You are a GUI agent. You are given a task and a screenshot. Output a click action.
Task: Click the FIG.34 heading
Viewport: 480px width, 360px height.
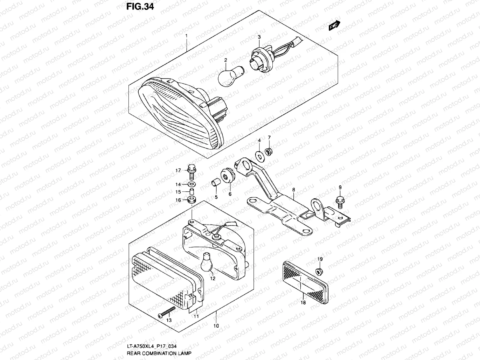pos(140,6)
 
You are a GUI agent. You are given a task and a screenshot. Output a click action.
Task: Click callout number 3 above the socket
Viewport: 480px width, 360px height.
pos(259,37)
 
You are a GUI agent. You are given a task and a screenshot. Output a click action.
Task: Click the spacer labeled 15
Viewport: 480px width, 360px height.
pos(191,192)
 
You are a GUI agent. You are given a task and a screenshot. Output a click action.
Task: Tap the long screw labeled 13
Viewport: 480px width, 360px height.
pos(167,312)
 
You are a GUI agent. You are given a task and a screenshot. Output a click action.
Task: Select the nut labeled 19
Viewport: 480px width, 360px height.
pos(319,271)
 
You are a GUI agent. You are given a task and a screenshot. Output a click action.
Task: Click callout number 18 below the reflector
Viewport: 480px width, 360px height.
pos(303,302)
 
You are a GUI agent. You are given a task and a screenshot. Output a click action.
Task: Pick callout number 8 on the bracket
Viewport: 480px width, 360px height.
pos(293,190)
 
